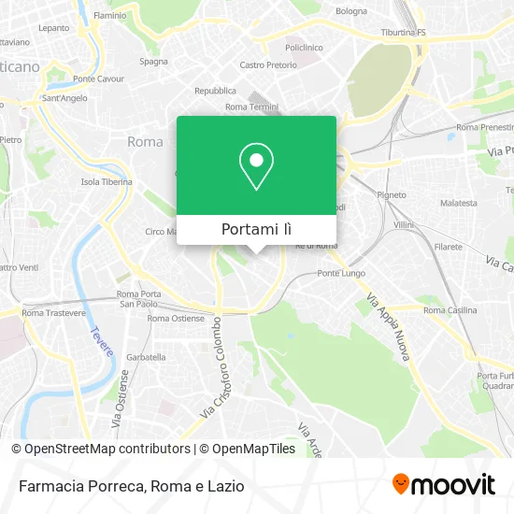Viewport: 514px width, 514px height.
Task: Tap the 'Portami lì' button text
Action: click(256, 229)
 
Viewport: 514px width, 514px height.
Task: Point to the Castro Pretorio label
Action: click(266, 64)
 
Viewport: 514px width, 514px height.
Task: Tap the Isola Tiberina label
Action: click(104, 181)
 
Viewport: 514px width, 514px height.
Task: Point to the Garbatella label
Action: click(146, 357)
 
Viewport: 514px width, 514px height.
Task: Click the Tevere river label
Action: click(102, 341)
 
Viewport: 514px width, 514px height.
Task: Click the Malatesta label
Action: click(459, 202)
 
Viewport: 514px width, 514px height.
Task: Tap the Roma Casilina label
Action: click(450, 310)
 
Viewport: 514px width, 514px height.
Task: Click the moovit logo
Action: click(444, 484)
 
